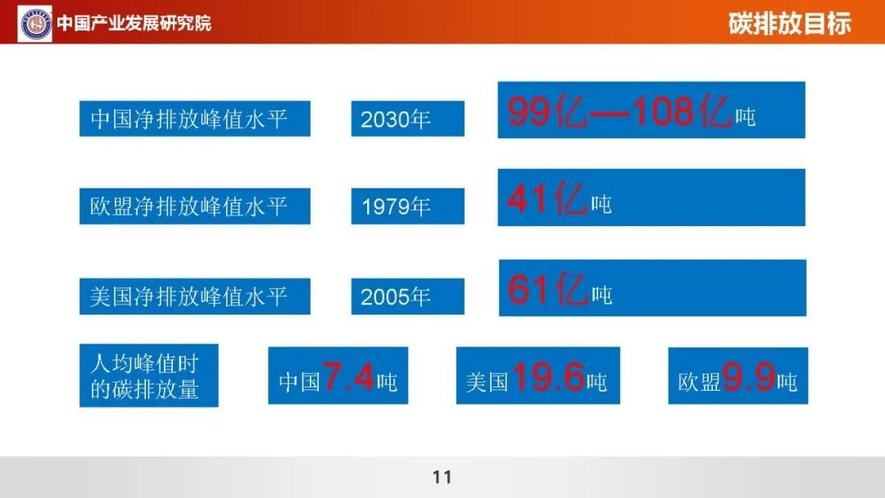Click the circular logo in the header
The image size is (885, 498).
click(35, 24)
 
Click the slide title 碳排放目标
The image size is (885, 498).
click(789, 24)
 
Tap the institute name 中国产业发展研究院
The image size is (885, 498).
click(134, 23)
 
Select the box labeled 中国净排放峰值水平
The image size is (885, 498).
click(195, 119)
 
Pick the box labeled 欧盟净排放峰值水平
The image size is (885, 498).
click(195, 206)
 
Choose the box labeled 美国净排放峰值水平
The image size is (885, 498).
click(195, 296)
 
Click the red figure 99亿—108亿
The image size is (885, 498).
click(619, 111)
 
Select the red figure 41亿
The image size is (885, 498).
click(547, 198)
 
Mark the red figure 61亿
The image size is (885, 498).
click(547, 289)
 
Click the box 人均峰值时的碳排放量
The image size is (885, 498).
click(149, 376)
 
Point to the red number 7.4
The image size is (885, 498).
click(348, 377)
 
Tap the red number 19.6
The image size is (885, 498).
click(548, 377)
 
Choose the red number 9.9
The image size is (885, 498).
click(748, 377)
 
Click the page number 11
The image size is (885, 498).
click(442, 478)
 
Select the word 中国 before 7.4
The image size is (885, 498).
click(300, 382)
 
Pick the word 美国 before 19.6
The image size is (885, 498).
click(488, 382)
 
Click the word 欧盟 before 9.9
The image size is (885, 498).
click(699, 382)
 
